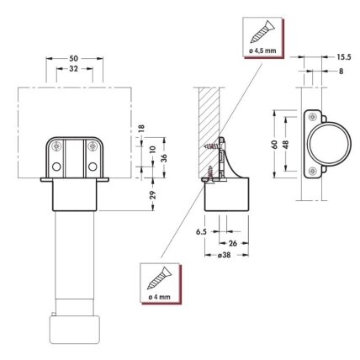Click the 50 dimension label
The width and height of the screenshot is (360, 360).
click(x=74, y=59)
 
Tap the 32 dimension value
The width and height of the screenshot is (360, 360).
click(x=73, y=69)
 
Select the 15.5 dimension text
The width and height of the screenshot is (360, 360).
click(x=344, y=57)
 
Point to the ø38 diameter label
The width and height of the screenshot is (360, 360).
click(x=224, y=255)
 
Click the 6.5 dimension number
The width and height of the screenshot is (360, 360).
click(x=201, y=232)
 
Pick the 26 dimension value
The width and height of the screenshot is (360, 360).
click(x=233, y=243)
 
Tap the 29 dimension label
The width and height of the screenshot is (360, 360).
click(x=152, y=195)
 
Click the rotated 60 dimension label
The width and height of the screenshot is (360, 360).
click(x=274, y=145)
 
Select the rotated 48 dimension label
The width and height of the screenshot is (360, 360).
click(x=286, y=145)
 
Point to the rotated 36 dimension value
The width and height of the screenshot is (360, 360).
click(x=164, y=158)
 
